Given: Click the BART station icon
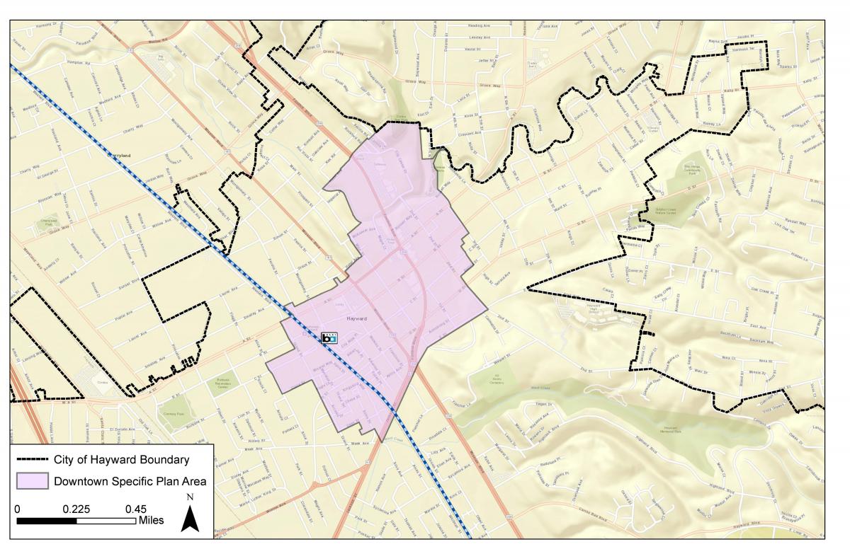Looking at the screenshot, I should click(x=329, y=338).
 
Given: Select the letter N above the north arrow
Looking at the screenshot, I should click(x=189, y=497).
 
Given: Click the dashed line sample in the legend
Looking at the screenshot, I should click(x=33, y=460).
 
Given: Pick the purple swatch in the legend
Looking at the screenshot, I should click(x=33, y=482).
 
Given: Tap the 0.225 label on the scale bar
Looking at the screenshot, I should click(x=76, y=509).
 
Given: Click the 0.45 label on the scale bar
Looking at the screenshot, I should click(x=136, y=509).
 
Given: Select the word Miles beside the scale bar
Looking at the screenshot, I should click(x=151, y=521).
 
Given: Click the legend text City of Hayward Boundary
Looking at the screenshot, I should click(x=121, y=460).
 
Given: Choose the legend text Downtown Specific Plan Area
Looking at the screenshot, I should click(x=130, y=482).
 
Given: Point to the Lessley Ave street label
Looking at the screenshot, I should click(x=480, y=37).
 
